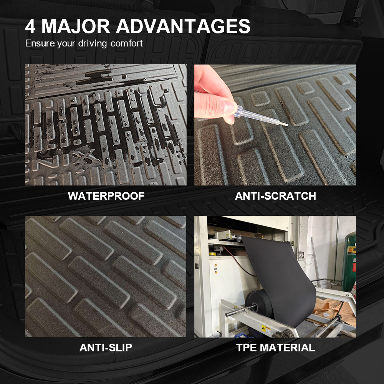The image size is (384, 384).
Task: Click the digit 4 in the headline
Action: pos(30,26)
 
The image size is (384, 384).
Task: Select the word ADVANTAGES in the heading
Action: pos(183,26)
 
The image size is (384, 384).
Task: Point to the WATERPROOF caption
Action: pos(106,196)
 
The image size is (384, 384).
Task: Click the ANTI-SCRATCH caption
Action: pos(275,196)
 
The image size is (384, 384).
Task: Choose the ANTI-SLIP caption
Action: pos(106,348)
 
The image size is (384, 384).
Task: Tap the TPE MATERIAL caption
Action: pos(275,348)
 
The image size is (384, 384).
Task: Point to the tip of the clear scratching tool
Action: pos(288,125)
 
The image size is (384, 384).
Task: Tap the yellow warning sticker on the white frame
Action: pos(266,329)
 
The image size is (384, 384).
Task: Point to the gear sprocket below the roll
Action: pos(286,333)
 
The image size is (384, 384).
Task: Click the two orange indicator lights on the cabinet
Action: pos(216,269)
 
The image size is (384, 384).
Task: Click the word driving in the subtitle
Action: pos(93,44)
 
